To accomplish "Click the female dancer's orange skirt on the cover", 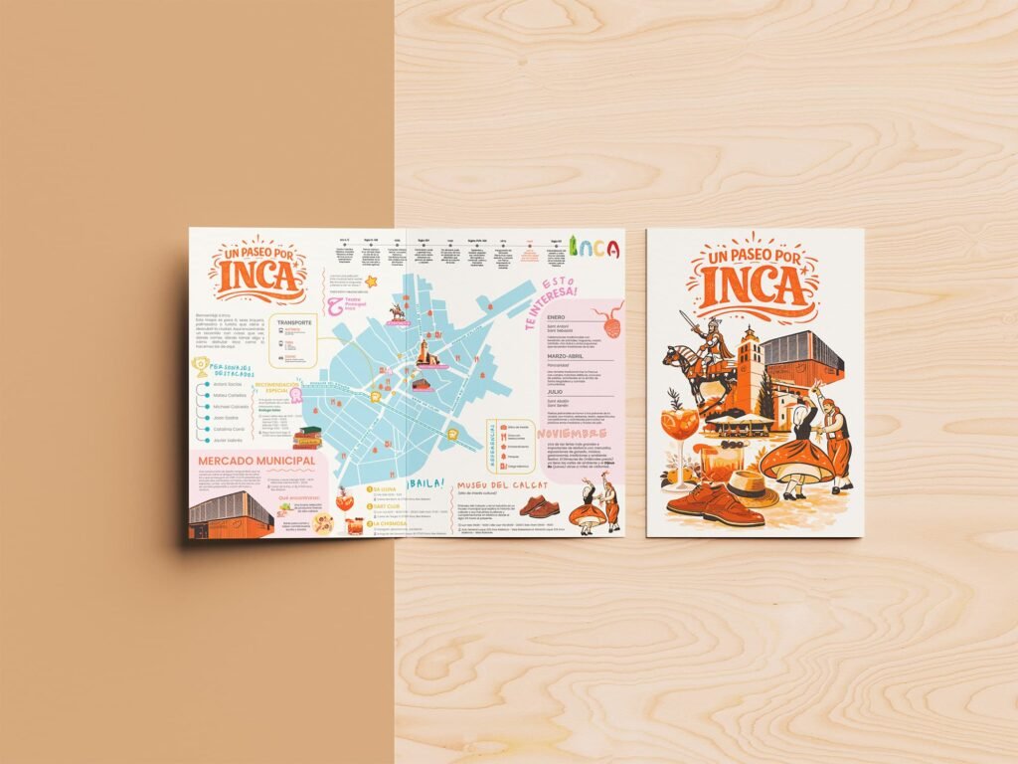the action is pyautogui.click(x=795, y=461).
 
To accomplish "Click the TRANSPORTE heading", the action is pyautogui.click(x=294, y=322).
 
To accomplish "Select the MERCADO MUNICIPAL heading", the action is pyautogui.click(x=256, y=462).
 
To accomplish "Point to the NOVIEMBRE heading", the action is pyautogui.click(x=574, y=435).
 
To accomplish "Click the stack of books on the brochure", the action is pyautogui.click(x=305, y=437).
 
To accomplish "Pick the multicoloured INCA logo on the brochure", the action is pyautogui.click(x=598, y=248).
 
